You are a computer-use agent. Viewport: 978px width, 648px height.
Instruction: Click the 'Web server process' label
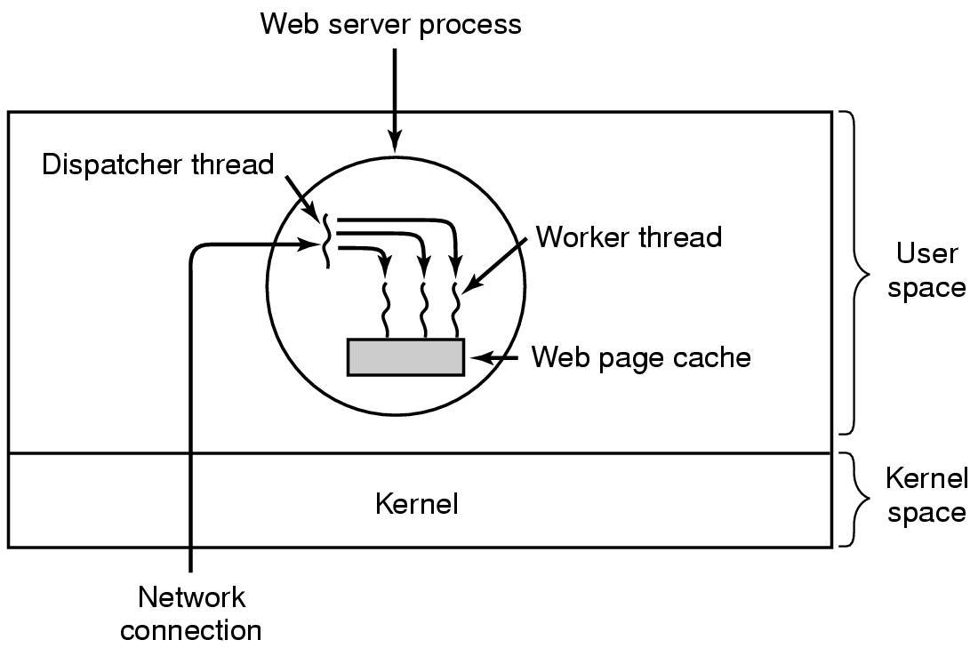click(390, 24)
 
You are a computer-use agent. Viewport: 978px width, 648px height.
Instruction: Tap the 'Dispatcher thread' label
click(158, 164)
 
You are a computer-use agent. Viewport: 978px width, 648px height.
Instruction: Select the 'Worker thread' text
click(629, 237)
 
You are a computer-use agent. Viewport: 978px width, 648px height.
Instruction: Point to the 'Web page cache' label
click(641, 357)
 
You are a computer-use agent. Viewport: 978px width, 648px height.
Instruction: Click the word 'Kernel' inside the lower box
click(417, 505)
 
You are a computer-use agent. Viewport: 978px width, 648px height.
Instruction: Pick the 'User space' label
click(926, 271)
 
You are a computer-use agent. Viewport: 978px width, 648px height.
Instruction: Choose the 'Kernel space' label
click(926, 496)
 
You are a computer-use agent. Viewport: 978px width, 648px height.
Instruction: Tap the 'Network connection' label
click(191, 613)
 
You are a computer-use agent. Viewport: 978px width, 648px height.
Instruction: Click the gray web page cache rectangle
click(405, 357)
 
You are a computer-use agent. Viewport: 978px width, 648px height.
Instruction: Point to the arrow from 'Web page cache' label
click(493, 357)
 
